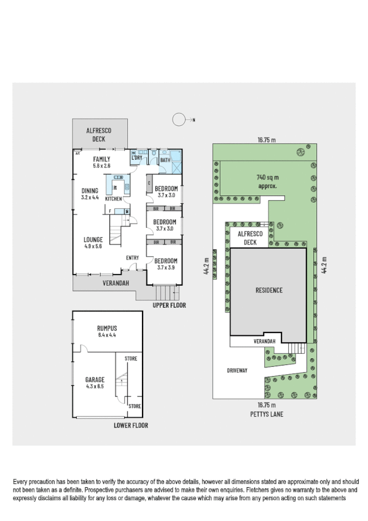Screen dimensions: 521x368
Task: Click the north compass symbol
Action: [x=179, y=119]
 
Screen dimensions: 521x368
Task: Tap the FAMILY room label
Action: [x=101, y=159]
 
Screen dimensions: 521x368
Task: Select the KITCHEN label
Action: [x=113, y=199]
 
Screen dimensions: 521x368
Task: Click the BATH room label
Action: [x=165, y=161]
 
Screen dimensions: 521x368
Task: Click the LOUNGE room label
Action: [x=94, y=240]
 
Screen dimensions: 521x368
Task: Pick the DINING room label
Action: [x=90, y=190]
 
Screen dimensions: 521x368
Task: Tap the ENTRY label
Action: [x=133, y=257]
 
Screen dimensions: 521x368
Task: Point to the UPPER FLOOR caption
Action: [x=170, y=305]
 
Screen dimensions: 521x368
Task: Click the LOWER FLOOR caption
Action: [x=131, y=425]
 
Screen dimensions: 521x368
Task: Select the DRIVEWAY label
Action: [x=237, y=370]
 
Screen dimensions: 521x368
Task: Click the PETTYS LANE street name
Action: [x=266, y=414]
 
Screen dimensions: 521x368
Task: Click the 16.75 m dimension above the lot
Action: [x=266, y=139]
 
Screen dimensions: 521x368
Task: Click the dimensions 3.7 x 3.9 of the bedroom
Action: [x=165, y=267]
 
